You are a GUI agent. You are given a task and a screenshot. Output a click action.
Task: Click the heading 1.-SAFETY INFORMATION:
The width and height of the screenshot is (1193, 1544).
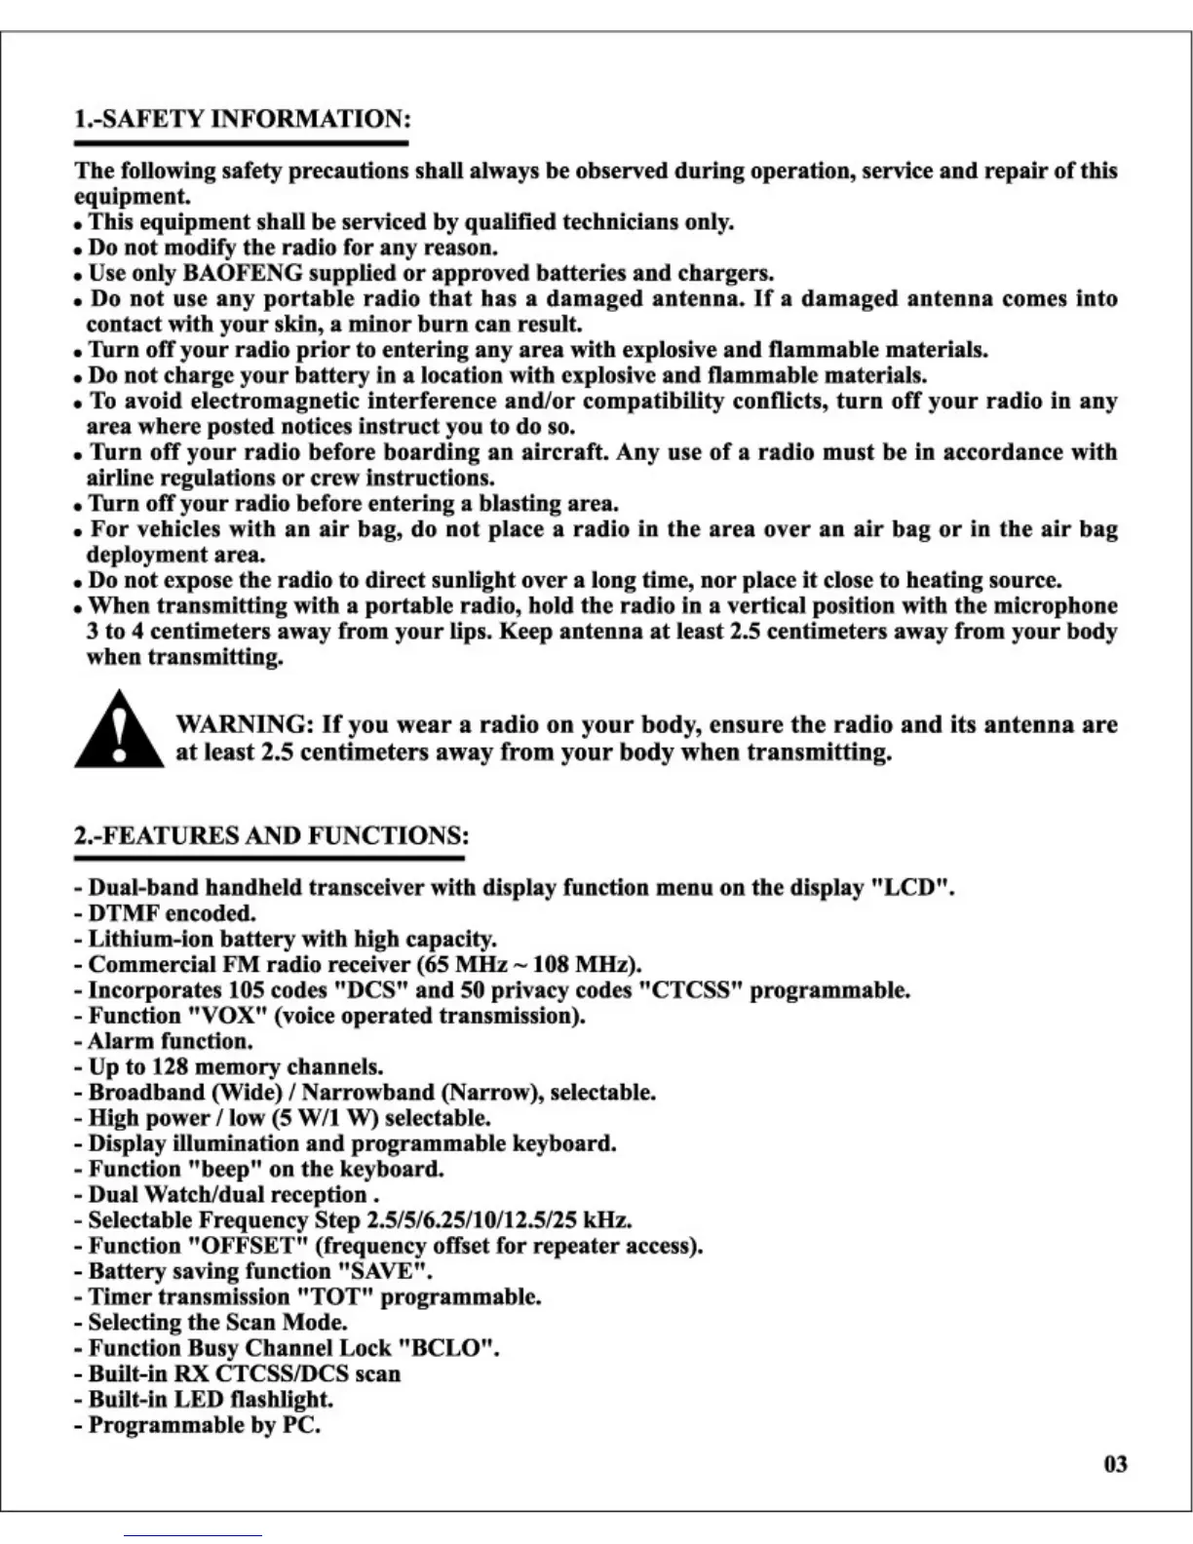tap(242, 120)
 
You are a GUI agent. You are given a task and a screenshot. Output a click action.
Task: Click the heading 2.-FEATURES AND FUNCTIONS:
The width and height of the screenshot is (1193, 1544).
tap(271, 836)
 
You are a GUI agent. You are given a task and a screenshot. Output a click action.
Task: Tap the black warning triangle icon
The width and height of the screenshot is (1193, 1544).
tap(119, 732)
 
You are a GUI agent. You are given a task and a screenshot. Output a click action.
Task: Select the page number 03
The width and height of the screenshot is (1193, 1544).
tap(1116, 1464)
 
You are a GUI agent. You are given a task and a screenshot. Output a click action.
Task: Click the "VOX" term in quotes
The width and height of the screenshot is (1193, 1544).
tap(227, 1016)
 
